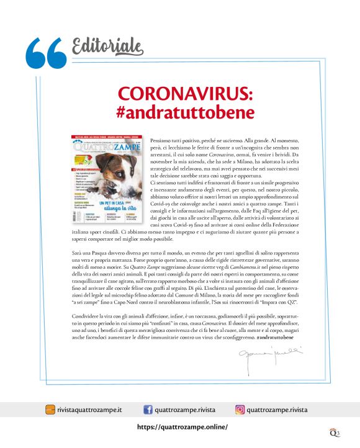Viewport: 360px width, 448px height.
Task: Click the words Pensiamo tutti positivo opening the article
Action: coord(176,142)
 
